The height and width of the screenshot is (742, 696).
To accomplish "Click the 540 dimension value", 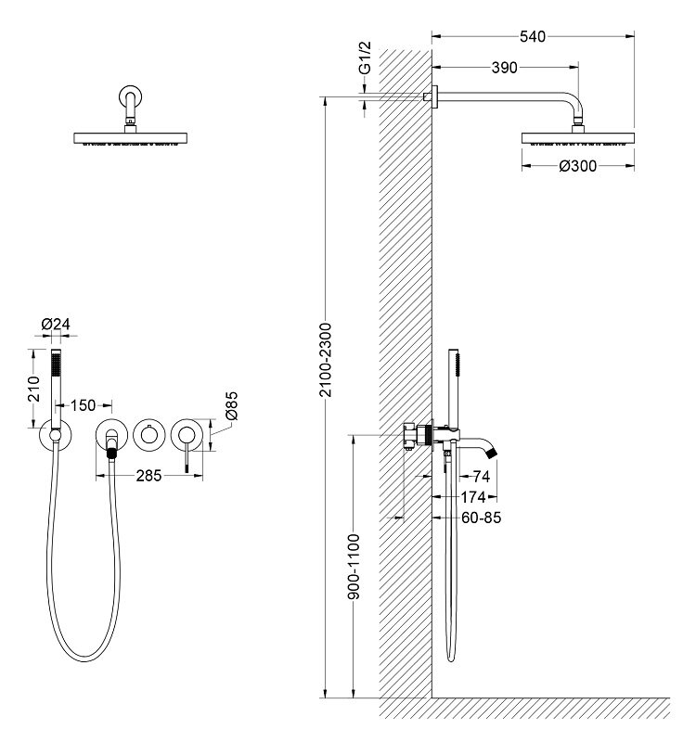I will [x=532, y=36].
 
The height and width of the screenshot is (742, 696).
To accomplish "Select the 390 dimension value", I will [x=505, y=67].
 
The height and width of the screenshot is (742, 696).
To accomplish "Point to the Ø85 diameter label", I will [x=232, y=405].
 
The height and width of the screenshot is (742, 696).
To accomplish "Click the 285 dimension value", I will [x=149, y=475].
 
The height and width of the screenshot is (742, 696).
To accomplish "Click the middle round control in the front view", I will [x=149, y=435].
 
